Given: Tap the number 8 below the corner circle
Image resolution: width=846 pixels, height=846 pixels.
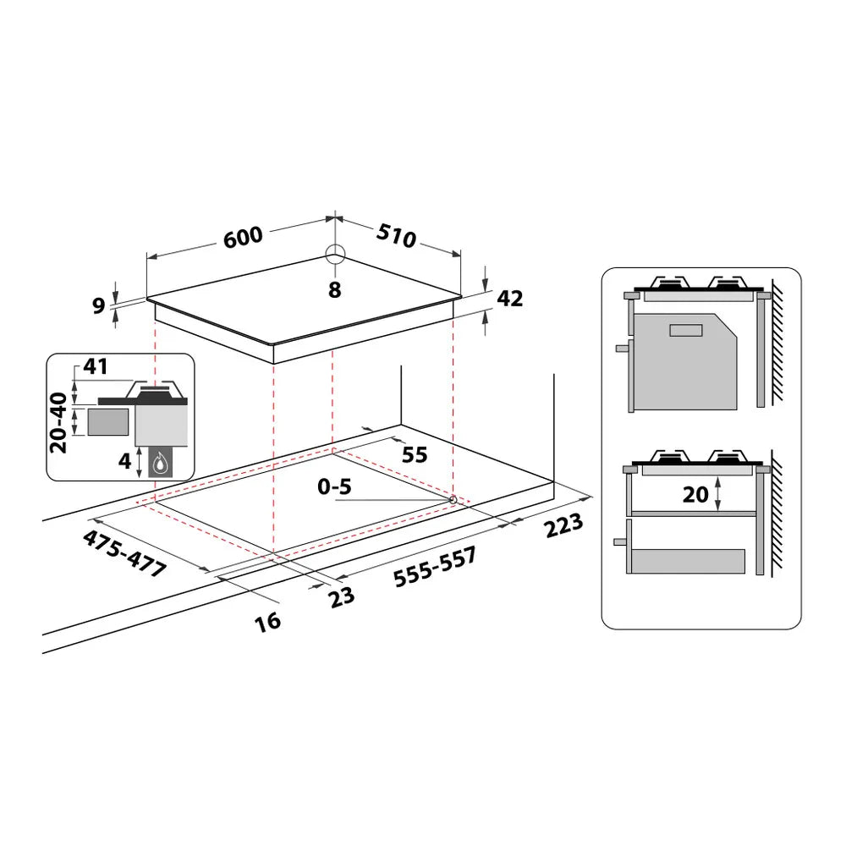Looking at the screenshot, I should pyautogui.click(x=335, y=290).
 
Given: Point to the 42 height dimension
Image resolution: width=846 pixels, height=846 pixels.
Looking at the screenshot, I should pyautogui.click(x=511, y=298).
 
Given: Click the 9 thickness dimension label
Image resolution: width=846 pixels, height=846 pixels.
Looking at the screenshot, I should pyautogui.click(x=98, y=305).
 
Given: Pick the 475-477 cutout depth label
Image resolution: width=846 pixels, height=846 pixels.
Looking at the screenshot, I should pyautogui.click(x=125, y=553).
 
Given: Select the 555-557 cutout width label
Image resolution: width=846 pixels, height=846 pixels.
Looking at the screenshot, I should pyautogui.click(x=435, y=567).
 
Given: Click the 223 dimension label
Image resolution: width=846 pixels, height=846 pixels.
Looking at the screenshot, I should pyautogui.click(x=564, y=525).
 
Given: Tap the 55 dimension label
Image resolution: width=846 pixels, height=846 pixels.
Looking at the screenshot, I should pyautogui.click(x=414, y=454).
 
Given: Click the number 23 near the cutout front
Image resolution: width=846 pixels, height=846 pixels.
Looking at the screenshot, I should pyautogui.click(x=341, y=596).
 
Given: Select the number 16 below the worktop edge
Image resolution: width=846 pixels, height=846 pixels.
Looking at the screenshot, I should pyautogui.click(x=266, y=622).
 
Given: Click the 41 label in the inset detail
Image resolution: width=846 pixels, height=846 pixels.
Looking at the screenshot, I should pyautogui.click(x=96, y=367).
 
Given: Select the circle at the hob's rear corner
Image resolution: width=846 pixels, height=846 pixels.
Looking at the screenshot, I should pyautogui.click(x=335, y=254).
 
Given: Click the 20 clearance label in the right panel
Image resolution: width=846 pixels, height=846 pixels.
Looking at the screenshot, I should pyautogui.click(x=695, y=494).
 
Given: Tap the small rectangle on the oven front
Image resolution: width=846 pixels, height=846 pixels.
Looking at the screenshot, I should pyautogui.click(x=685, y=330).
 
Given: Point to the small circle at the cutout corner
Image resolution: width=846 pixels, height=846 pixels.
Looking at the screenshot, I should pyautogui.click(x=453, y=500).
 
